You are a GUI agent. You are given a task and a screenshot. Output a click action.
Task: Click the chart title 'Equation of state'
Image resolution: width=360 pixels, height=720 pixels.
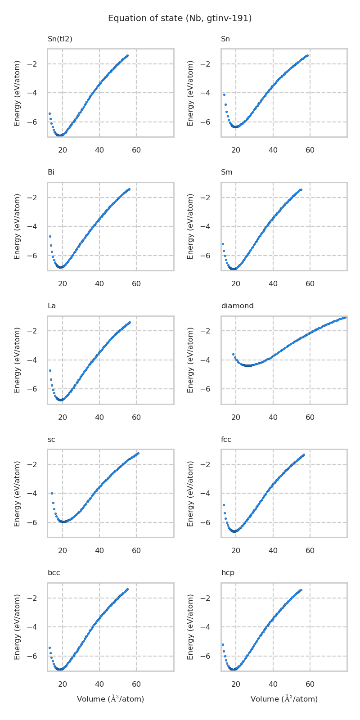point(180,18)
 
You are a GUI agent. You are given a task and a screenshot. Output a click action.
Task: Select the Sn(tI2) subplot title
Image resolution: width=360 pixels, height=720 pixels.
point(60,39)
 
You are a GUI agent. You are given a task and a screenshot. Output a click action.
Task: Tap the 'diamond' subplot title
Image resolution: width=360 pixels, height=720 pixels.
point(237,306)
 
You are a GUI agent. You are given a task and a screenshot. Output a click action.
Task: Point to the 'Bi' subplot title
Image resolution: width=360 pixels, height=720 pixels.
point(51,172)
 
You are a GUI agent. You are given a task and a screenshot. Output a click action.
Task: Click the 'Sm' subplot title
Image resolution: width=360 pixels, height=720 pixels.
point(226,172)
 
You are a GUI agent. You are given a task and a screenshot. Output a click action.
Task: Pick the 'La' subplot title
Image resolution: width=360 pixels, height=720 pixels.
point(52,306)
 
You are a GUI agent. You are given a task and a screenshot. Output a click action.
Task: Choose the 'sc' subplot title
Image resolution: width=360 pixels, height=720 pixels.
point(51,440)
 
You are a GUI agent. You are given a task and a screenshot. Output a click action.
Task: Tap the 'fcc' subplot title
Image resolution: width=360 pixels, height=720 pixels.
point(226,440)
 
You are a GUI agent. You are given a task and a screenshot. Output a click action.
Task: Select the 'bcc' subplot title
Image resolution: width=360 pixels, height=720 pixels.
point(54,573)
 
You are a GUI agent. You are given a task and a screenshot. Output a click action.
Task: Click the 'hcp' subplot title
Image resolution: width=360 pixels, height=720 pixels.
point(228,573)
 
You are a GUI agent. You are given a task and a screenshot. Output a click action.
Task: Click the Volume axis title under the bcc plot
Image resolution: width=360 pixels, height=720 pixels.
point(110,699)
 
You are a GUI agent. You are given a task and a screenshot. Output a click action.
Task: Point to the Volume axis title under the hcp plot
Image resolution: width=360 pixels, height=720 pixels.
point(284,699)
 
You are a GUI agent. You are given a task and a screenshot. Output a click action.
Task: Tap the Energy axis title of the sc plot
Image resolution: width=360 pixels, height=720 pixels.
point(17,493)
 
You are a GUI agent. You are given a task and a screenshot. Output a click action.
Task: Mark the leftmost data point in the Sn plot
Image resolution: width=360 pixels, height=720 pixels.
point(224,94)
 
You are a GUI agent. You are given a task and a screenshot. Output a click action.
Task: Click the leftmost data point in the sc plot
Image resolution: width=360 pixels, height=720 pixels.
point(52,493)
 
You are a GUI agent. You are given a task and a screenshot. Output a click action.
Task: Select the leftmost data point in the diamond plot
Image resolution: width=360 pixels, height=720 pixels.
point(233,354)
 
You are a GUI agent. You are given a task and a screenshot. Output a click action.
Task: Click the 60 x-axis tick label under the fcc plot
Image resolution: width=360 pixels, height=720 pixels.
point(310,551)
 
